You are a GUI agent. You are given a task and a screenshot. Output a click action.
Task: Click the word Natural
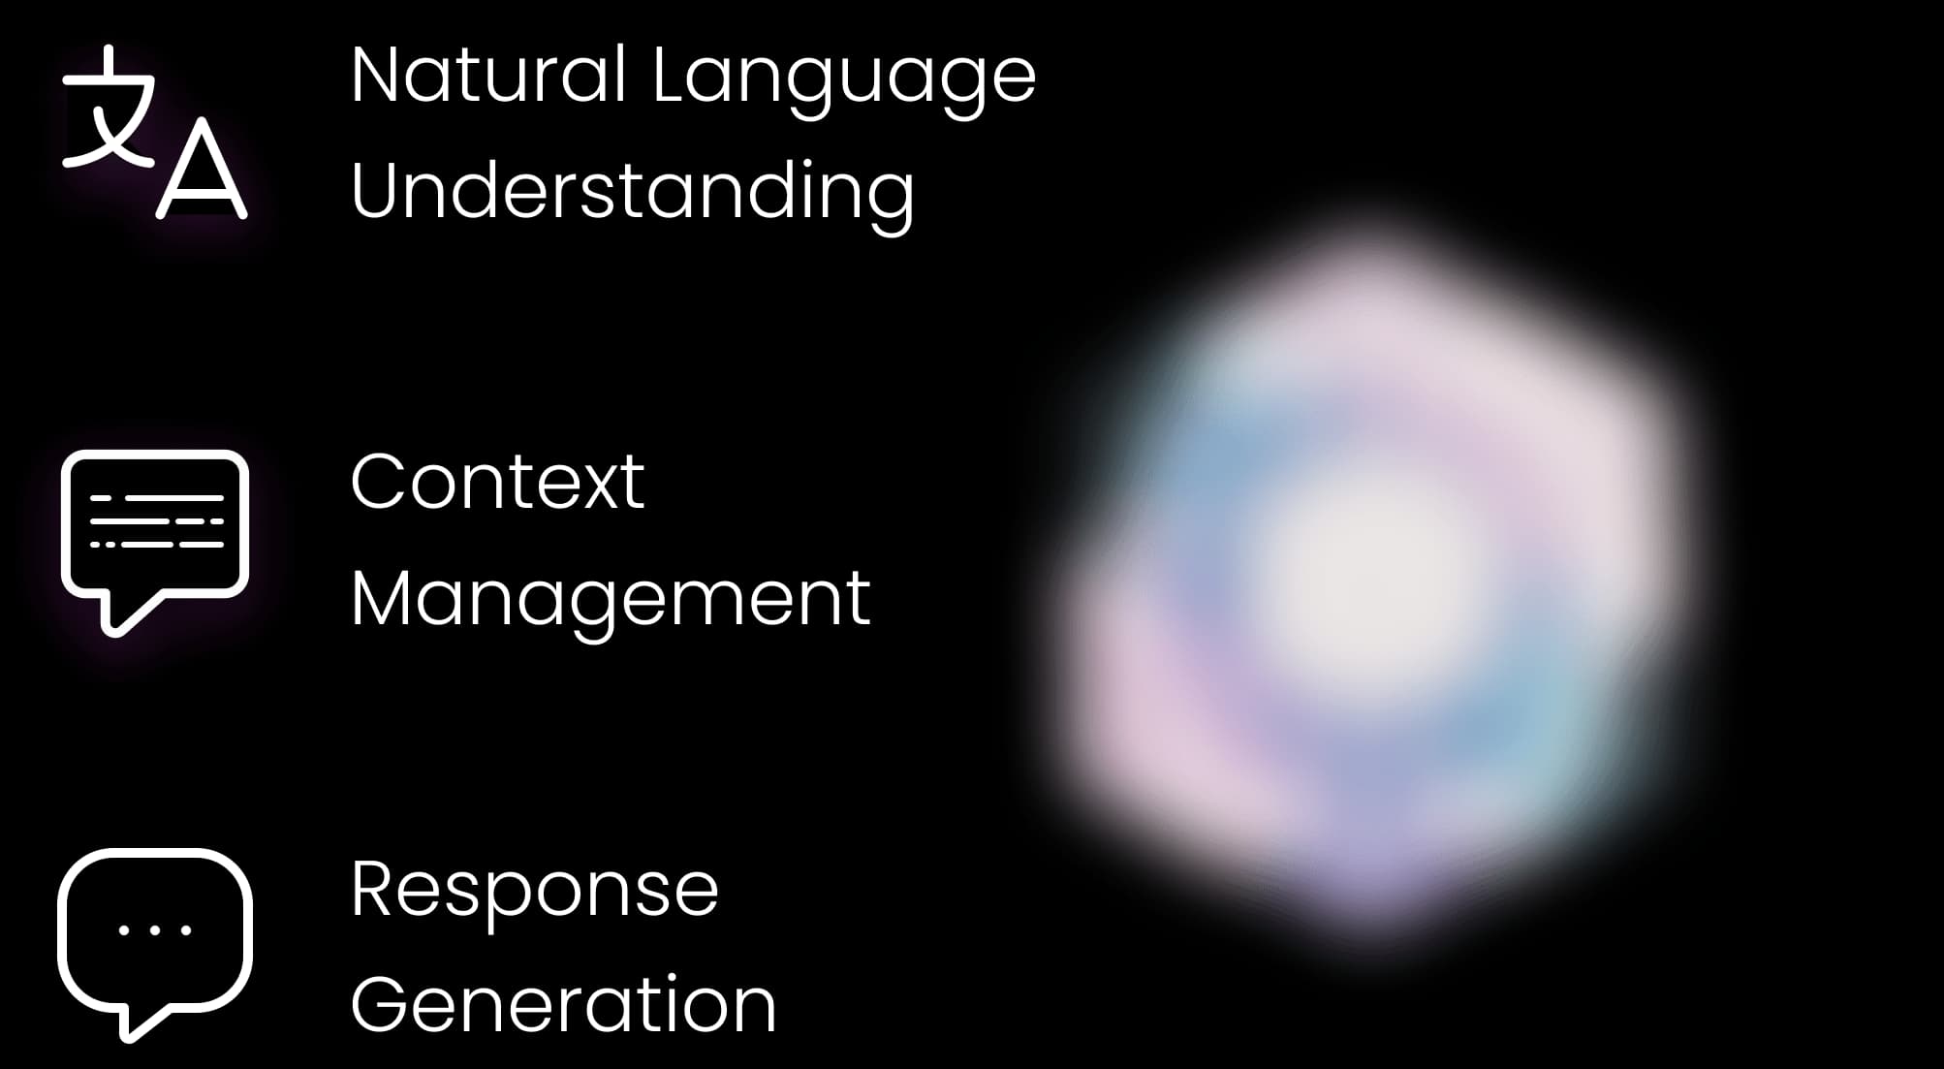coord(488,75)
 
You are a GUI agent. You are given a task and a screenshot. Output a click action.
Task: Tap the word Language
coord(844,82)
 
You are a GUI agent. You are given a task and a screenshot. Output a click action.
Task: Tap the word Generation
coord(564,1005)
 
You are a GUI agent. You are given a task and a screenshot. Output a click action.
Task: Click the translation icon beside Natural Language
coord(155,132)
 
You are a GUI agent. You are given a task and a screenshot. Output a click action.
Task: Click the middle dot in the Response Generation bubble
coord(155,930)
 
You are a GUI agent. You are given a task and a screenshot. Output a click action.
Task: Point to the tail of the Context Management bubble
coord(122,614)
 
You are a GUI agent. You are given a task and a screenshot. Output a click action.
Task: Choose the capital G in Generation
coord(381,1005)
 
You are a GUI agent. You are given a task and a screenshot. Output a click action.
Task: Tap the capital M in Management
coord(384,599)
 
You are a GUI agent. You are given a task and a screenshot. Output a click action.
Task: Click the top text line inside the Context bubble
coord(157,498)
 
